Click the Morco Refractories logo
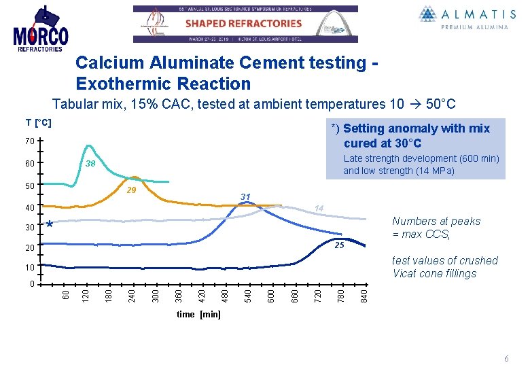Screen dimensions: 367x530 pos(41,29)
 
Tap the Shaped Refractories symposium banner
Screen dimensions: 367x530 pos(245,24)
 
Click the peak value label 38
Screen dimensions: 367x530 pos(90,164)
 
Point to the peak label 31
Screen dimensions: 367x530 pos(245,197)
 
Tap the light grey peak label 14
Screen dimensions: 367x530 pos(318,208)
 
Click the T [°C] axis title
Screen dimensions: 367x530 pos(39,122)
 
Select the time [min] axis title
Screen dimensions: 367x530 pos(198,315)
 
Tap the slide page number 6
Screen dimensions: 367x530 pos(506,359)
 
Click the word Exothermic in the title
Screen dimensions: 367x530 pos(119,84)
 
